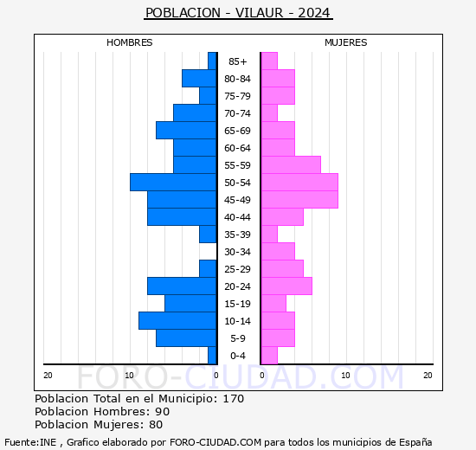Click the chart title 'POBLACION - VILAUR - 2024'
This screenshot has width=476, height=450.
[238, 13]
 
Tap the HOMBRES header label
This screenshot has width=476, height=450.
[130, 42]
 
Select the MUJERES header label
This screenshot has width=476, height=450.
[345, 42]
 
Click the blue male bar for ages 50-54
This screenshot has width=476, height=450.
[173, 183]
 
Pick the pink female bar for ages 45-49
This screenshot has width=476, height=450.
[299, 200]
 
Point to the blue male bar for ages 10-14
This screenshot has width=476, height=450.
[177, 321]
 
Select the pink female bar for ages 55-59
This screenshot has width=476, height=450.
[290, 165]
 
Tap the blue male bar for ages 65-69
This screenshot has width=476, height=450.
[186, 131]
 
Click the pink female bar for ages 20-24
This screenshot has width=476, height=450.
[286, 286]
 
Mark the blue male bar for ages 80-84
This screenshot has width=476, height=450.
[199, 79]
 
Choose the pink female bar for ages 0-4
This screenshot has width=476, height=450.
[268, 356]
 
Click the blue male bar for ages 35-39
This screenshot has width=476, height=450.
[208, 235]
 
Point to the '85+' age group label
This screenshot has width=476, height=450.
[238, 61]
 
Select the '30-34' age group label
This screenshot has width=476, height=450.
[238, 252]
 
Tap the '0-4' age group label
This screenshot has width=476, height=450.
[238, 356]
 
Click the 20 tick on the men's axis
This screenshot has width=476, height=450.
[48, 375]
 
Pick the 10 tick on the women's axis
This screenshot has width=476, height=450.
[345, 375]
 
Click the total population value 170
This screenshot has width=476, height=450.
[233, 399]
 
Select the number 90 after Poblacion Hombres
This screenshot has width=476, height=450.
[162, 412]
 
